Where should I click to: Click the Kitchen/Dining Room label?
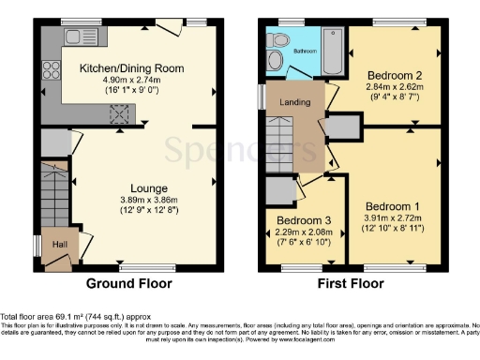(x=130, y=68)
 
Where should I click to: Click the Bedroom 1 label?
(x=392, y=205)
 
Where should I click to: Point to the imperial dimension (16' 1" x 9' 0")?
(x=130, y=92)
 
